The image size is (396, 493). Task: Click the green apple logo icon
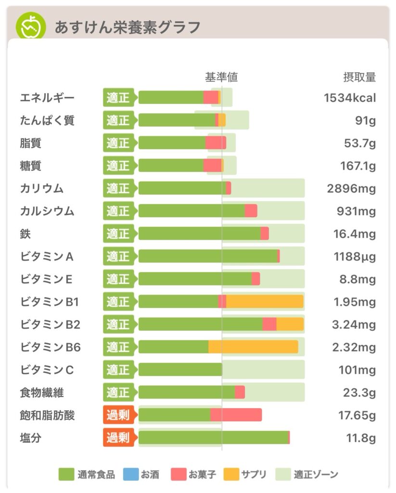[31, 26]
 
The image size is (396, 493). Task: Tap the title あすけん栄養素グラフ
[127, 27]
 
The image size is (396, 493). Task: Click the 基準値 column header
[221, 77]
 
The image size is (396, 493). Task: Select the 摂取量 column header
[359, 77]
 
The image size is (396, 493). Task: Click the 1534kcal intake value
[350, 98]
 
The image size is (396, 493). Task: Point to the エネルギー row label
[47, 98]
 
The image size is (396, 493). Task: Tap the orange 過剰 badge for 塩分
[118, 438]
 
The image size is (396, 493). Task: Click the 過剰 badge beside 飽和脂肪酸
[118, 415]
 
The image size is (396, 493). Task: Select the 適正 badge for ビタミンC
[118, 370]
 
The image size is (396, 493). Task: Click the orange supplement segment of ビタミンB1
[265, 302]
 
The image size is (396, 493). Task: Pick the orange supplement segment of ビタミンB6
[253, 347]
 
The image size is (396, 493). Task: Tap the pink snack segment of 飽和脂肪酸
[236, 415]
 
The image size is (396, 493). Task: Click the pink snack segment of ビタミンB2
[269, 324]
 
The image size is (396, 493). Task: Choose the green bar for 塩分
[213, 438]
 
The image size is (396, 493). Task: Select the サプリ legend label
[254, 475]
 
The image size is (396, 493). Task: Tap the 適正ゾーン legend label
[316, 475]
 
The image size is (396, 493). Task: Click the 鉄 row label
[26, 234]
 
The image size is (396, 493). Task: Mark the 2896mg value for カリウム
[351, 189]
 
